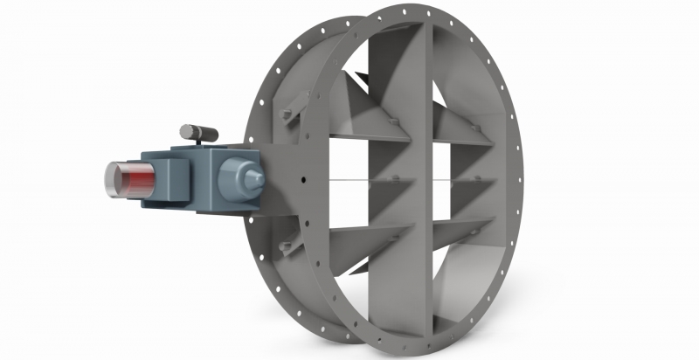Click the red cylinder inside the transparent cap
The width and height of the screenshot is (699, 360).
(x=128, y=184)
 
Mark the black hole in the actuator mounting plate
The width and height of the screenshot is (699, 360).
(x=301, y=182)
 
